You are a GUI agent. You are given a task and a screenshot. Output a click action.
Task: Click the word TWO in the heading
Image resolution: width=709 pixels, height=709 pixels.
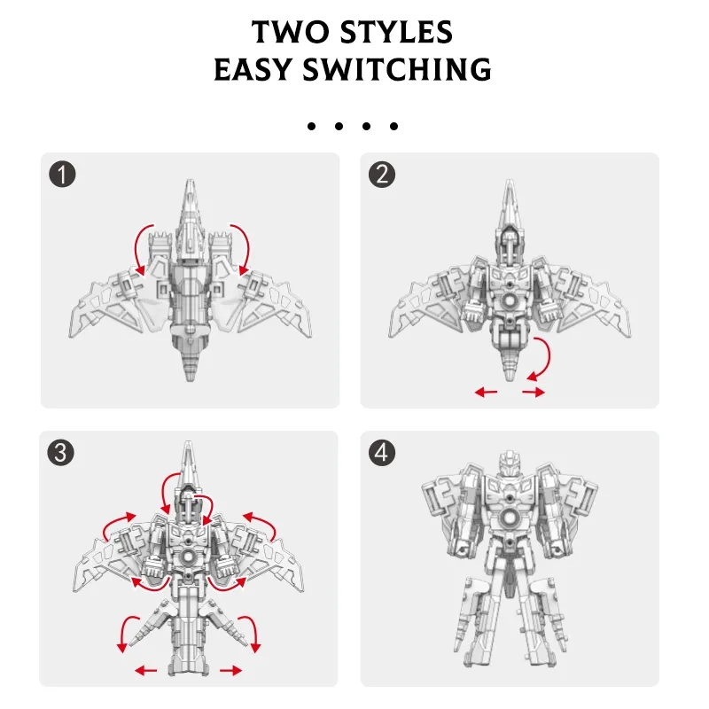[x=290, y=32]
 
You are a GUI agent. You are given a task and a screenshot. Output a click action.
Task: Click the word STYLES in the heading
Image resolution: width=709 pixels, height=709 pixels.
[x=396, y=32]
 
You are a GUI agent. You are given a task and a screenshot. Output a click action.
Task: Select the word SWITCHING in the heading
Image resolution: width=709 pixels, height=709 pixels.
[x=397, y=70]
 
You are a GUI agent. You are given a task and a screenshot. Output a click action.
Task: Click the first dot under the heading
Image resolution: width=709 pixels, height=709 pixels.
[x=311, y=126]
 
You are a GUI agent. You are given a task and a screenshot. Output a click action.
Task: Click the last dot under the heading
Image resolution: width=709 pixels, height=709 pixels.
[x=393, y=126]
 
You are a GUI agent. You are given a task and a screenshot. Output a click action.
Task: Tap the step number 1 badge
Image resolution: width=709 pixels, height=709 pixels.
[x=62, y=175]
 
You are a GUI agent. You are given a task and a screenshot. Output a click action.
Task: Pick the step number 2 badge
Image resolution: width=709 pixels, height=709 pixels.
[x=382, y=175]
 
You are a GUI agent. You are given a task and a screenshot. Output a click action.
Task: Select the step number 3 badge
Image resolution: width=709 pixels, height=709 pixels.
[x=60, y=453]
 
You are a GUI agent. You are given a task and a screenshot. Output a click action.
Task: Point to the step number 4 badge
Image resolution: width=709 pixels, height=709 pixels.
[x=382, y=453]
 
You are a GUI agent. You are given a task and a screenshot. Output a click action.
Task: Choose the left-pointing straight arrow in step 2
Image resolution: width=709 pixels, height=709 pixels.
[x=486, y=392]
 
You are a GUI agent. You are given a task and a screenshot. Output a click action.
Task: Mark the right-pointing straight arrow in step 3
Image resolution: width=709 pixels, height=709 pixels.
[x=231, y=670]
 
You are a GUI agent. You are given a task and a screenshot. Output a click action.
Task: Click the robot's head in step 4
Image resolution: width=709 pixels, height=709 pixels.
[x=510, y=463]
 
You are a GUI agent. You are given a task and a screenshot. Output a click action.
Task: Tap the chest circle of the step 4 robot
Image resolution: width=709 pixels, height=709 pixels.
[x=510, y=518]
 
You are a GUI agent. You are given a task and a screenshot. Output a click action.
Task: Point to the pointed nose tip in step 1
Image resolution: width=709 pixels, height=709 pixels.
[x=191, y=181]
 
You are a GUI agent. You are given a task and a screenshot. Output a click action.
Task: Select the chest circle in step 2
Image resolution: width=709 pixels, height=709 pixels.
[x=510, y=300]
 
